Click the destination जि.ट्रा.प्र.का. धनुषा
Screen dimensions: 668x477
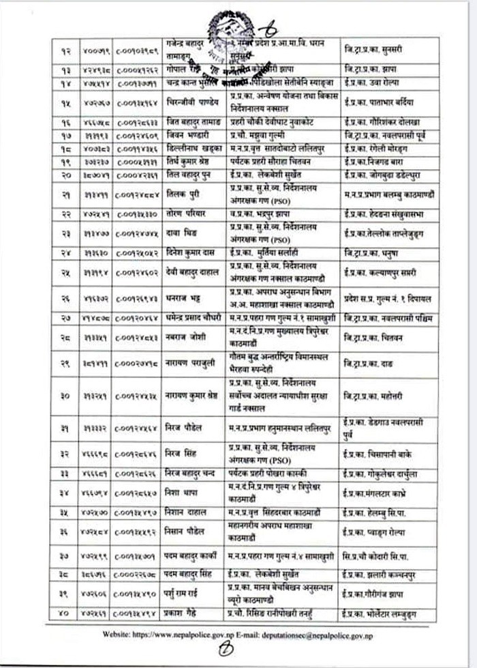tap(372, 252)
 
